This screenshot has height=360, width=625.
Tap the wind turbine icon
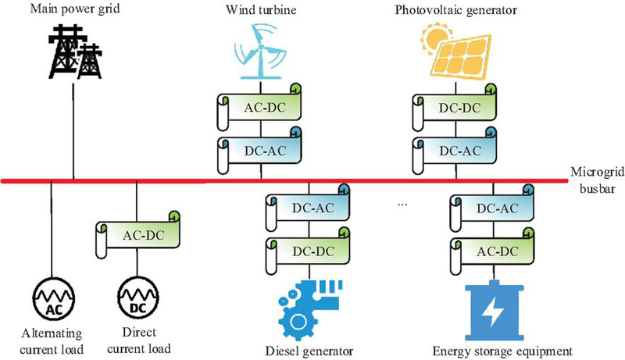pyautogui.click(x=259, y=50)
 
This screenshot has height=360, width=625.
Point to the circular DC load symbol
pyautogui.click(x=137, y=301)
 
